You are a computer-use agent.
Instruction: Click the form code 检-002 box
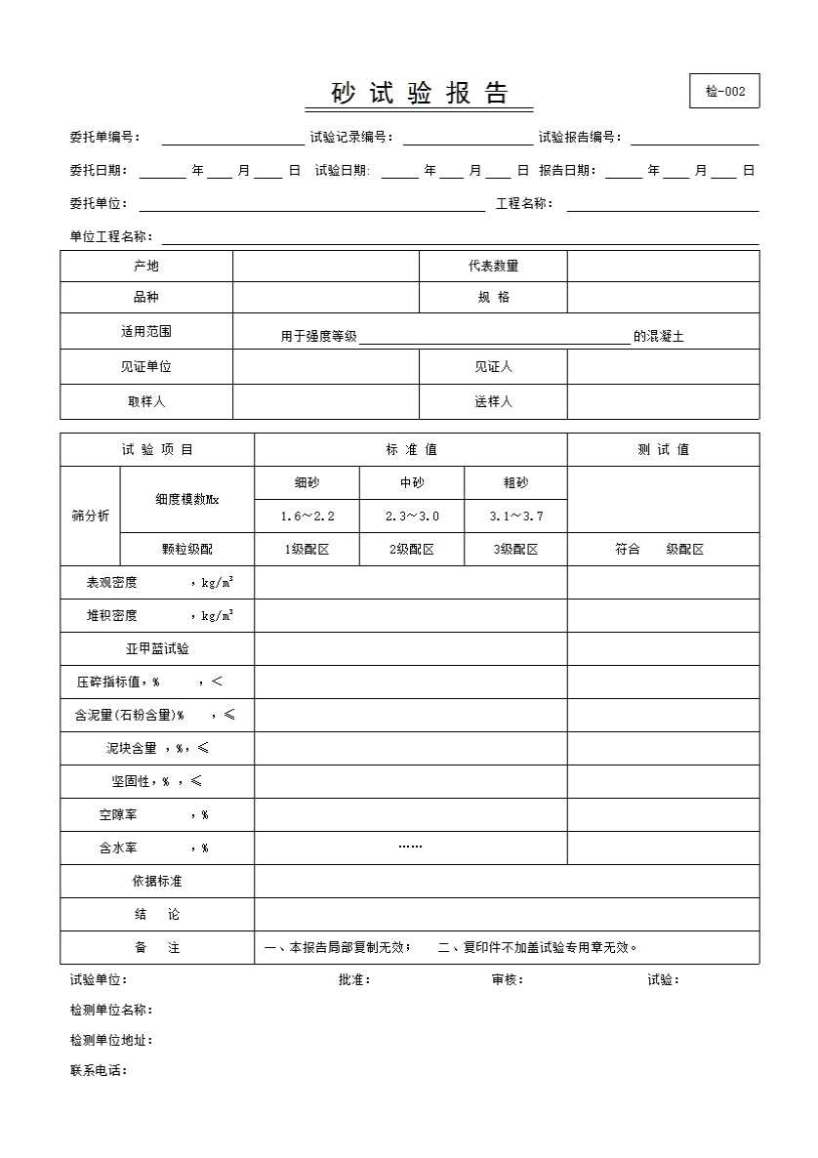724,91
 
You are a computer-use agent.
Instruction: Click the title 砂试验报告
420,94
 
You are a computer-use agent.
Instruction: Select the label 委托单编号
104,138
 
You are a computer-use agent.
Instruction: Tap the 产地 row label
146,267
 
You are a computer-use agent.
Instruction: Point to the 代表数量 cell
493,267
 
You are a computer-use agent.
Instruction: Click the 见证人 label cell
493,367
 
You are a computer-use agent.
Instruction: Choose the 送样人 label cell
493,402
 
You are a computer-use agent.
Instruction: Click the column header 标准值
411,450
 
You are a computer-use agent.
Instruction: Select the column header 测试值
663,450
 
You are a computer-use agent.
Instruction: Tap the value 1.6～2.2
307,517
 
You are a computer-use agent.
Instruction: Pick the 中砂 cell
412,483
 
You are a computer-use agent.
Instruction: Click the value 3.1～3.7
516,517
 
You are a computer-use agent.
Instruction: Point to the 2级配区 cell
412,550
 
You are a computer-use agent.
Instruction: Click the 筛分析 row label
90,517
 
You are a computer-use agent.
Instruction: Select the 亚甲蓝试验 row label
157,649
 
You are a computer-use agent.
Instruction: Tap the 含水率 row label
118,848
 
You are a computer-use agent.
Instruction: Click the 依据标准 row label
157,882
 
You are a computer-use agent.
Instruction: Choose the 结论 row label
157,915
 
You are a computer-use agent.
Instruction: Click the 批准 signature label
353,980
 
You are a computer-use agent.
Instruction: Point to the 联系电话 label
99,1071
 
